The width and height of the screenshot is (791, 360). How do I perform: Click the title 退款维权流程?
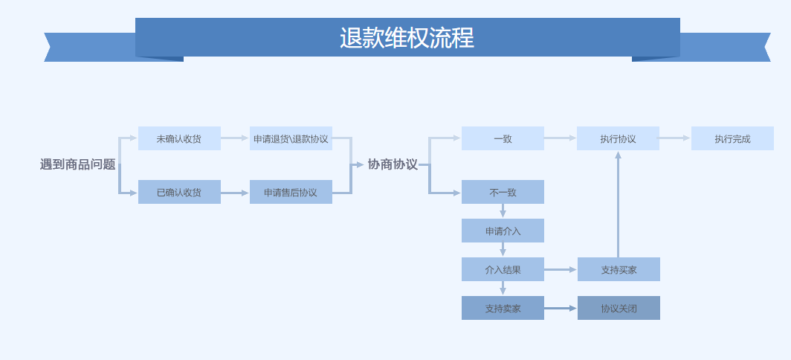pos(407,38)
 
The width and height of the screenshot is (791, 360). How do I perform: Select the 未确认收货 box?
pos(180,138)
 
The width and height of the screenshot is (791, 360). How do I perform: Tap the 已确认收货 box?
pos(180,192)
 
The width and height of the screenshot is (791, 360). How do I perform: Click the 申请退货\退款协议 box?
pos(291,138)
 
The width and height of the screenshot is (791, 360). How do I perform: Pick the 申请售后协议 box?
pos(291,192)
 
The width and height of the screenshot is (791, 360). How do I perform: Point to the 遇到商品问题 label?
pos(77,164)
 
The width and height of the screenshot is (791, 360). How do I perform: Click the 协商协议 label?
pos(393,164)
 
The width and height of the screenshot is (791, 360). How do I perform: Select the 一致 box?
pos(503,138)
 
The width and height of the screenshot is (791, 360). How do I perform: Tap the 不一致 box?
pos(503,192)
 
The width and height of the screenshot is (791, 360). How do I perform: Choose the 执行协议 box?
pos(618,138)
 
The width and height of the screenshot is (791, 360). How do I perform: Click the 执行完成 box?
pos(732,138)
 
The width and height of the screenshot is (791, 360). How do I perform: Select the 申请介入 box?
pos(503,231)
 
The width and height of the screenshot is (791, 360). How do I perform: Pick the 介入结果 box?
pos(503,269)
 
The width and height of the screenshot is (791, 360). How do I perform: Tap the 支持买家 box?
pos(619,269)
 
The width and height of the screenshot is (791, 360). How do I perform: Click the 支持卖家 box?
pos(503,308)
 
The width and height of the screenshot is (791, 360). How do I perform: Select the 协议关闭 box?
pos(619,308)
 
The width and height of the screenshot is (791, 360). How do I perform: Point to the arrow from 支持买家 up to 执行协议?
pos(618,204)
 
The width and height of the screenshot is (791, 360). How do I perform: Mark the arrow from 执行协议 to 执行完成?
pos(675,138)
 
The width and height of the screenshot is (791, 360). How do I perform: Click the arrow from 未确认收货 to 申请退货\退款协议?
pos(235,138)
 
